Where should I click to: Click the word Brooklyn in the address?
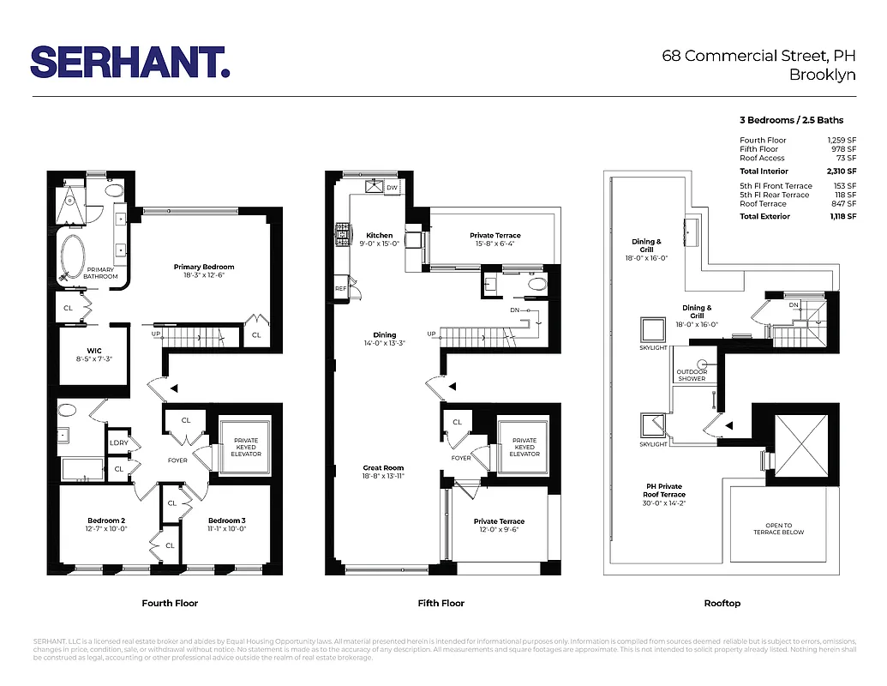(822, 75)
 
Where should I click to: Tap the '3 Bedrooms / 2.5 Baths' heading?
(791, 120)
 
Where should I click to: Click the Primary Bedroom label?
(203, 267)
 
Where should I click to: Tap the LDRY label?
(118, 443)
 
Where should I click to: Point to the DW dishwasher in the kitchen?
(392, 187)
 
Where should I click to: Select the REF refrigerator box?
(341, 289)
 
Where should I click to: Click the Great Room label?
(382, 468)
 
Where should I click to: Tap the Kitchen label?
(380, 236)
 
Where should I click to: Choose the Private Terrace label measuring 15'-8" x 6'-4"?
(494, 236)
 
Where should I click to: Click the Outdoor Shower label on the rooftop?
(692, 375)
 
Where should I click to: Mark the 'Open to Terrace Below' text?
(779, 529)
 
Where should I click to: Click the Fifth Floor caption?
(441, 604)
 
